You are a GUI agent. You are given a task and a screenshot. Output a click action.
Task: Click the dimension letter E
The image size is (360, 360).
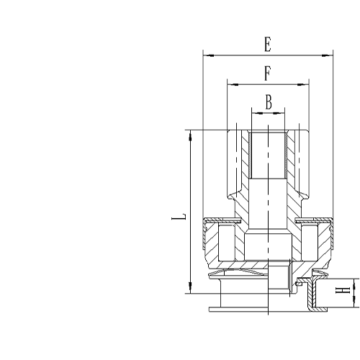(267, 45)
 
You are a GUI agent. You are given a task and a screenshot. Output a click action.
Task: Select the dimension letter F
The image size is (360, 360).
(267, 73)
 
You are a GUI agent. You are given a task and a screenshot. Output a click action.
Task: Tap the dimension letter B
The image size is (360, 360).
(268, 102)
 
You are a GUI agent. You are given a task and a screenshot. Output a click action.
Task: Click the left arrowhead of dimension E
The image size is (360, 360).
(206, 54)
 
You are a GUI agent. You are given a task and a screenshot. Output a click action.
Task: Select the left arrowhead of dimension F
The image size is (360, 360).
(230, 84)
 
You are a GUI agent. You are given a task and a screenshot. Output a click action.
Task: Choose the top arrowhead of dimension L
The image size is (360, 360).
(189, 132)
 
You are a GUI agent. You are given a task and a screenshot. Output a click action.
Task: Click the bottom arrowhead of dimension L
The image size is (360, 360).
(189, 291)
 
